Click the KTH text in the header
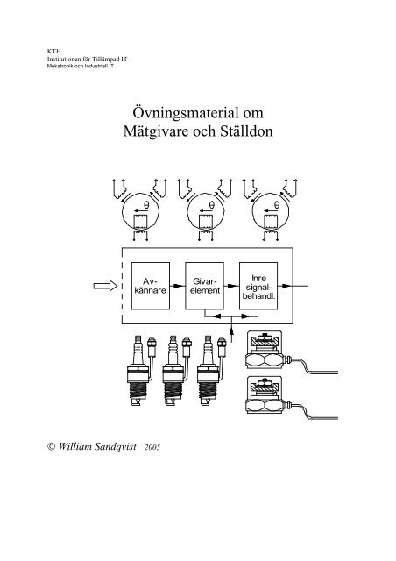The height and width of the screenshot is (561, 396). [54, 52]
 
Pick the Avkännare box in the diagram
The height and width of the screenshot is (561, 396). [151, 286]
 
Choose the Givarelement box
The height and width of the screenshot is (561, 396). [205, 286]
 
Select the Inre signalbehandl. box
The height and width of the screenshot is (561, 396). [258, 286]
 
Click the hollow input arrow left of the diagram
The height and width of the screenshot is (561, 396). [105, 286]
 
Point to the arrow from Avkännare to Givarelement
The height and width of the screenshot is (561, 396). [178, 286]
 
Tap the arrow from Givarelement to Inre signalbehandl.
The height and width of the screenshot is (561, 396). [231, 286]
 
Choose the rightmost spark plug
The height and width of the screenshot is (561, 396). [211, 370]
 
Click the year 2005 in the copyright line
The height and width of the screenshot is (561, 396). [152, 447]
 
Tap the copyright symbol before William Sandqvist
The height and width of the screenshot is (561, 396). [52, 446]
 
